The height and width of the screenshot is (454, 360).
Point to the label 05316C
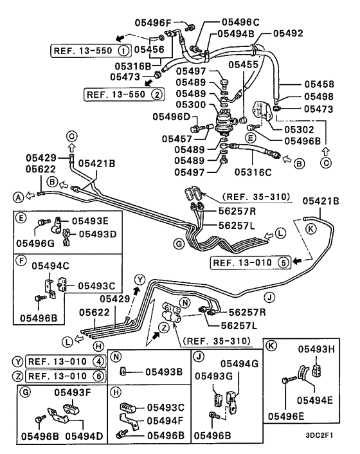[x=255, y=172]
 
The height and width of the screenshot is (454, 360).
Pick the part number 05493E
[x=89, y=220]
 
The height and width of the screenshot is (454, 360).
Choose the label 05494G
[x=240, y=365]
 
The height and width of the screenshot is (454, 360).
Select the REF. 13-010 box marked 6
[x=66, y=376]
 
